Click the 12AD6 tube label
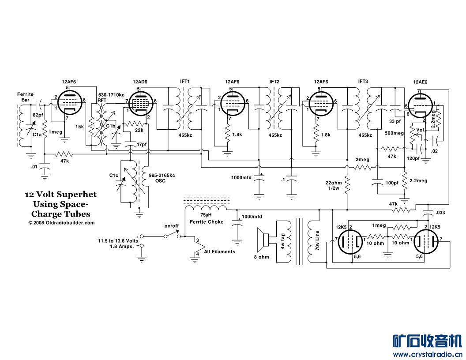(139, 82)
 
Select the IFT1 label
(185, 82)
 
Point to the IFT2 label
(274, 82)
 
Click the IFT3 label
(364, 82)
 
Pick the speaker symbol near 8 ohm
(267, 240)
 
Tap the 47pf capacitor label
(141, 144)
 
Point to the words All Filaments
(219, 251)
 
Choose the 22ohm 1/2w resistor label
(334, 186)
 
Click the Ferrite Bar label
(25, 97)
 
